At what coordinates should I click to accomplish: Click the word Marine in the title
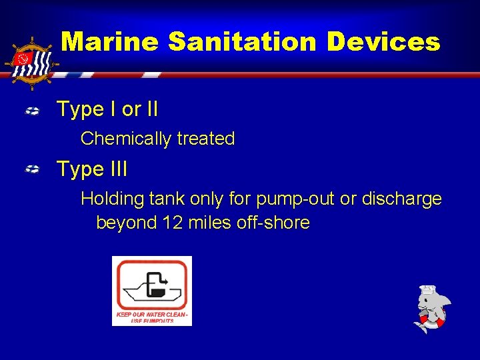(110, 42)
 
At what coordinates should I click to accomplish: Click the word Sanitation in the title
(243, 42)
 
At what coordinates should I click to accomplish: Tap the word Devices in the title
(383, 42)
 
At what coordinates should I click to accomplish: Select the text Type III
(92, 169)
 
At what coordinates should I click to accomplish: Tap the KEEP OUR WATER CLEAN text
(152, 313)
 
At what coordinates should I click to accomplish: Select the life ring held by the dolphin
(431, 323)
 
